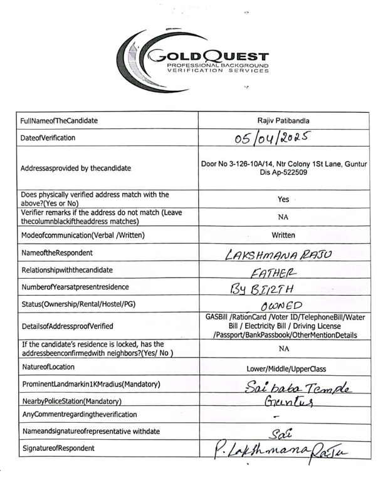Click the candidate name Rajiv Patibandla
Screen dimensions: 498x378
tap(283, 119)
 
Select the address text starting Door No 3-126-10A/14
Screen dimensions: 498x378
tap(283, 168)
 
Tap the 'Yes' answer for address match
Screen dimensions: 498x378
tap(283, 199)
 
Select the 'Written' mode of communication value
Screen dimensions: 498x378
tap(283, 236)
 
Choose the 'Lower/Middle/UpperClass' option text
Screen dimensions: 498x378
tap(283, 368)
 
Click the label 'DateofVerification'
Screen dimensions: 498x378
tap(48, 137)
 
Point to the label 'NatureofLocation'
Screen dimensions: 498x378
tap(48, 367)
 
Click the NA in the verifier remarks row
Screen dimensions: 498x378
tap(283, 217)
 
